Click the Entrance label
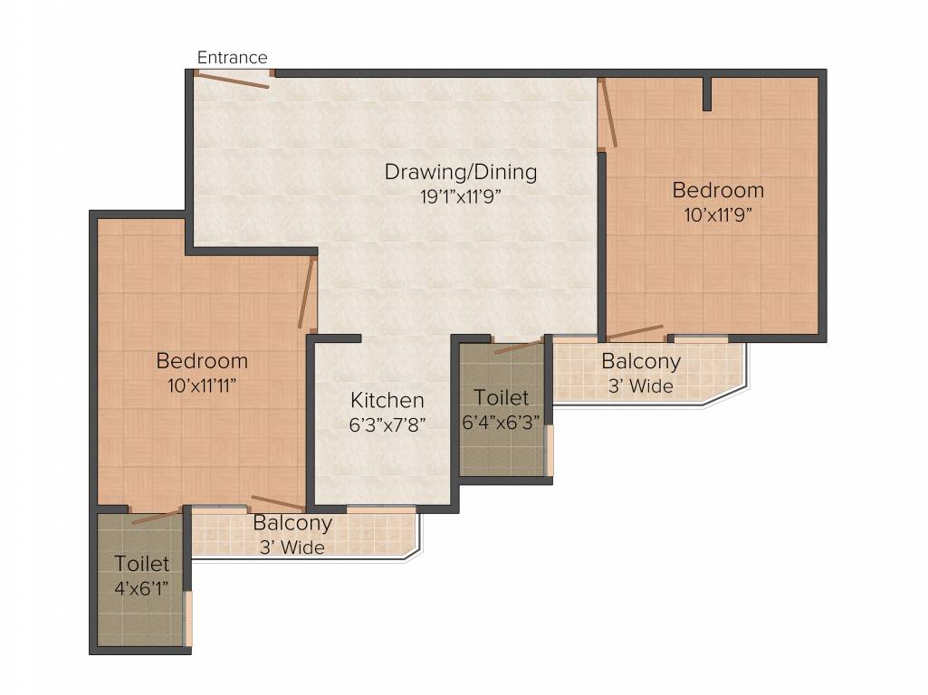coord(233,58)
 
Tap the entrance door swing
coord(232,81)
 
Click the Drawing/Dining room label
coord(460,171)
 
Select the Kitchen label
coord(387,400)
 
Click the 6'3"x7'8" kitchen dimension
coord(387,423)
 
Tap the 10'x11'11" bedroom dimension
coord(202,385)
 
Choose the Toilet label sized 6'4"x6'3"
coord(501,398)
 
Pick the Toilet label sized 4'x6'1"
coord(141,564)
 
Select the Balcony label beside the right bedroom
coord(641,362)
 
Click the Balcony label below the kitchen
coord(292,523)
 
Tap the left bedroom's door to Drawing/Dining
coord(308,292)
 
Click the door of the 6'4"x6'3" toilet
coord(519,344)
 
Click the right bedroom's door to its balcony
coord(635,331)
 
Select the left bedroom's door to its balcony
coord(278,502)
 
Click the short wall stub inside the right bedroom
coord(707,93)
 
